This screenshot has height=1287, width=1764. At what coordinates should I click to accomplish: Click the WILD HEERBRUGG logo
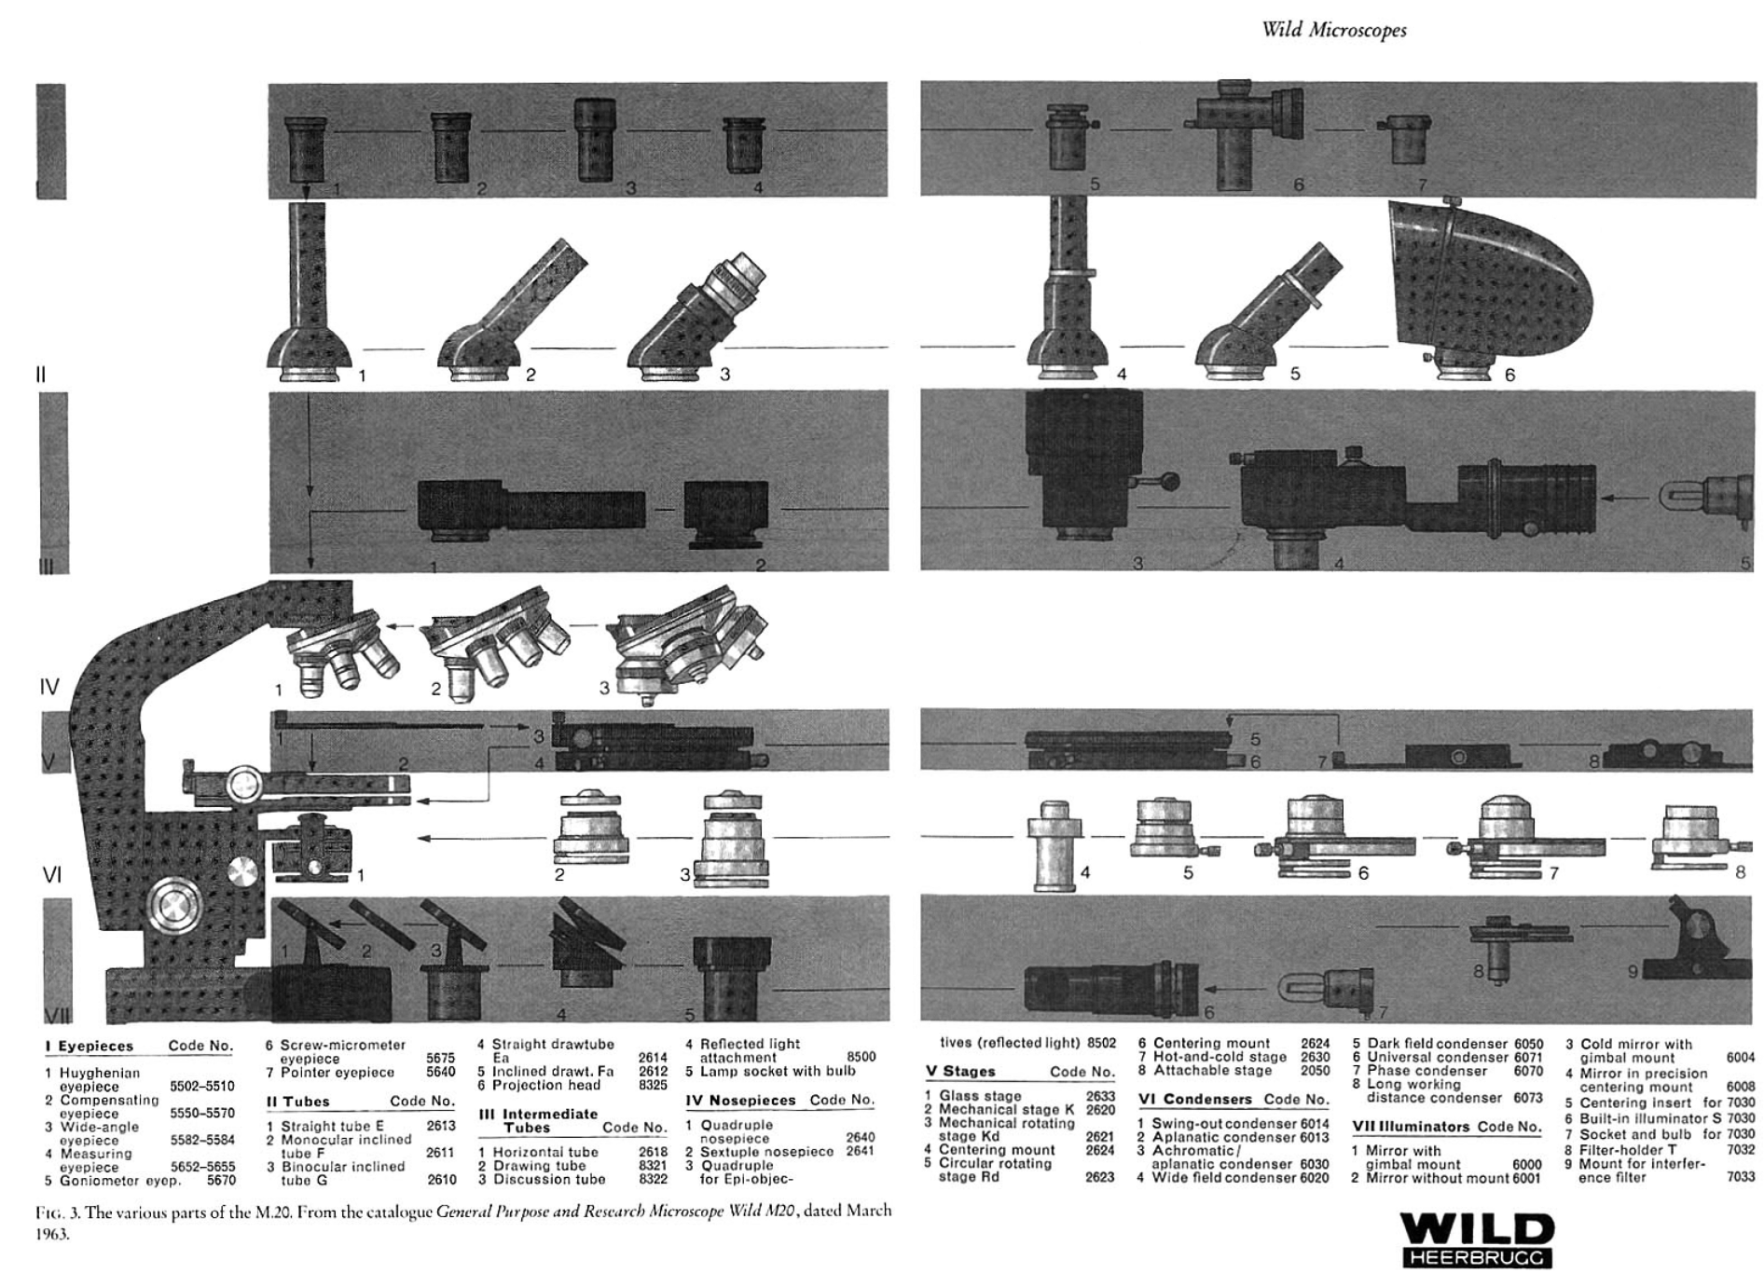1479,1239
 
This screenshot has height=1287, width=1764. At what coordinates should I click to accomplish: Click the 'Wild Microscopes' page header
1333,30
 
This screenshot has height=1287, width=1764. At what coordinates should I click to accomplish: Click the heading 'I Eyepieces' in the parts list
90,1047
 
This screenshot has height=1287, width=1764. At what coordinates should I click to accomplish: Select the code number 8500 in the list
861,1057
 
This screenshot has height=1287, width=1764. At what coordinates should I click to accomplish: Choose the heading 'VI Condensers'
1194,1100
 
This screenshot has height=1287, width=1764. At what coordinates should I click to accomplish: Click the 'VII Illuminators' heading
1411,1127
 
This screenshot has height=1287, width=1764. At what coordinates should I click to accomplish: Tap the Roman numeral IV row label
49,688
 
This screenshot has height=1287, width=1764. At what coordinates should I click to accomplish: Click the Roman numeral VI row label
51,875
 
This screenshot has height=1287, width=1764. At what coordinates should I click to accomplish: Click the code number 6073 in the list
1527,1098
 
